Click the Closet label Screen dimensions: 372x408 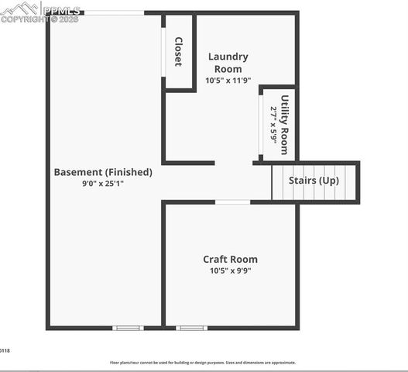[x=178, y=52]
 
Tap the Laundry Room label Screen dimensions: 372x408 [x=228, y=63]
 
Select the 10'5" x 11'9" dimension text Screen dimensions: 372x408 [x=228, y=81]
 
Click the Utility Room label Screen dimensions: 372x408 [x=284, y=124]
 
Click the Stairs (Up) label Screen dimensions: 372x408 [x=314, y=180]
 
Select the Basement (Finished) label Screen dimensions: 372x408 [x=103, y=172]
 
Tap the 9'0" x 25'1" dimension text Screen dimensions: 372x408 [x=103, y=184]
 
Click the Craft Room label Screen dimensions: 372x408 [x=230, y=260]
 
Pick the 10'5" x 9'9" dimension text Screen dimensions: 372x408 [x=230, y=271]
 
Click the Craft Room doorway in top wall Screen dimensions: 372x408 [x=232, y=202]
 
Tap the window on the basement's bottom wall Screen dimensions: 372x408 [x=128, y=328]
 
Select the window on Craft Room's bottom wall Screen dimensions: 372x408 [x=191, y=328]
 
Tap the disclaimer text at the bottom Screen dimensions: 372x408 [x=202, y=362]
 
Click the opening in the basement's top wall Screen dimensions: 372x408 [x=114, y=12]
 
